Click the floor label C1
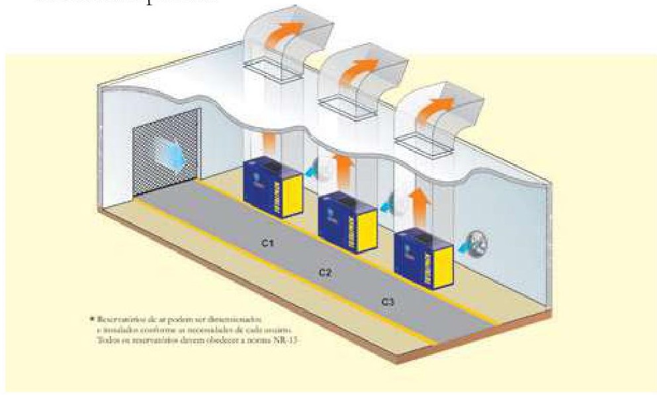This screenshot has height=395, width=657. (x=267, y=243)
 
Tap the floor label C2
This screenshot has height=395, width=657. (x=325, y=271)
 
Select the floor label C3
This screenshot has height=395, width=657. (x=388, y=301)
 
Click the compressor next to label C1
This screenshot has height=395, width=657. (x=273, y=185)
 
